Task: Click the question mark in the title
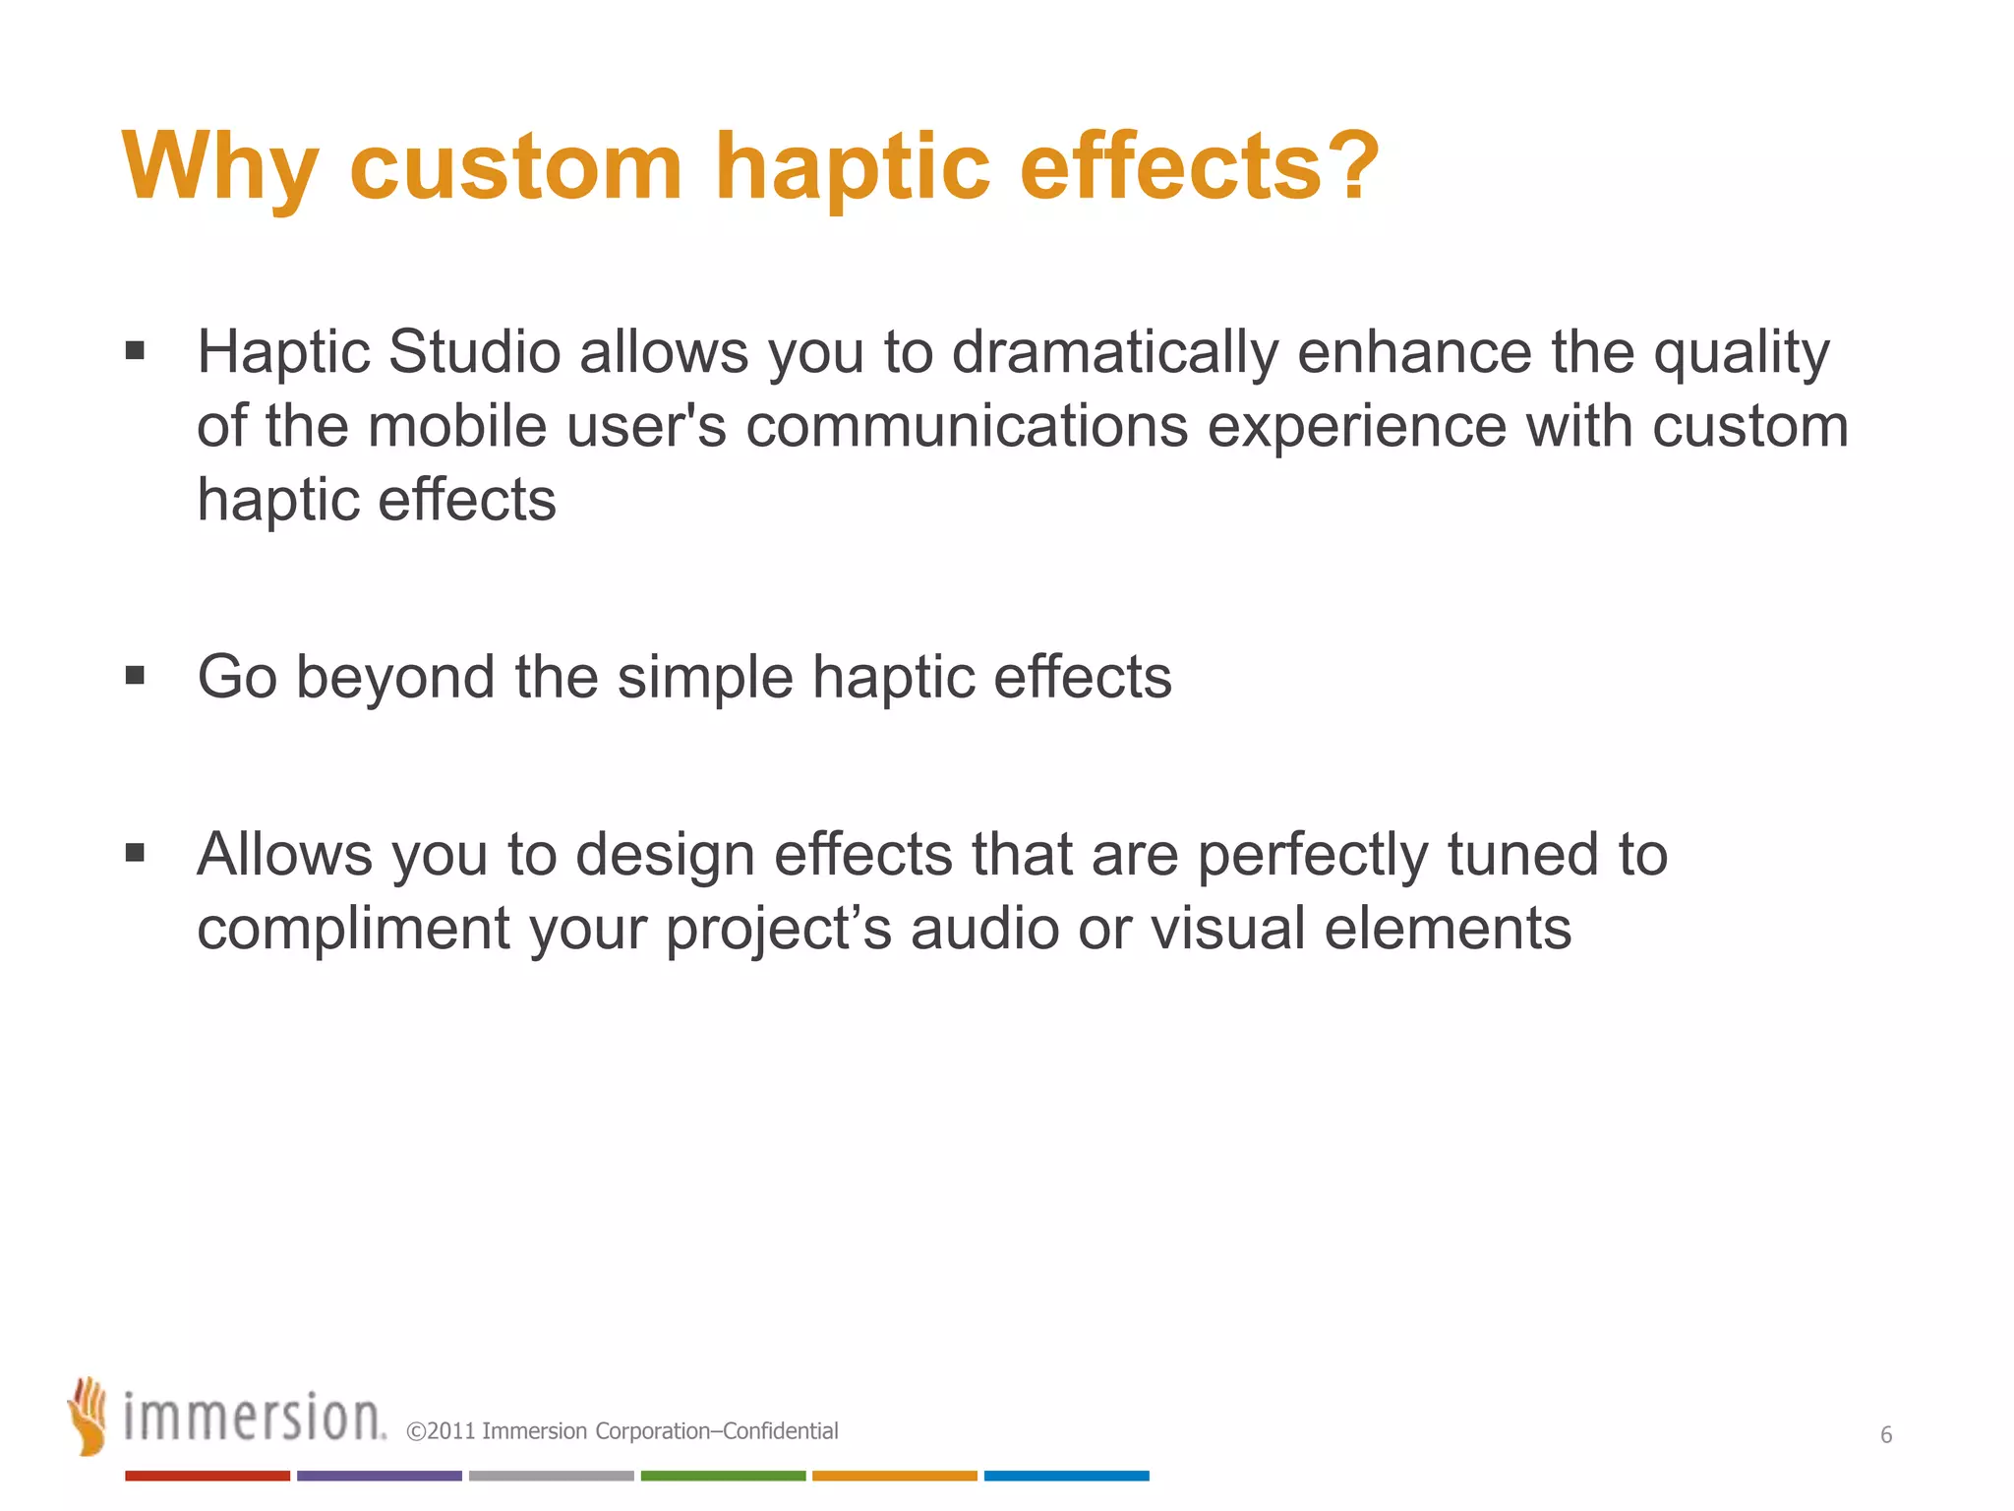pos(1351,165)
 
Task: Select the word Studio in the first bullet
pos(474,352)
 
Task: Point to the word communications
pos(967,427)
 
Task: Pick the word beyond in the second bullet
pos(395,679)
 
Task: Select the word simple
pos(704,679)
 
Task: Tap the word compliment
pos(353,930)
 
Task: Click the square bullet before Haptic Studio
pos(136,351)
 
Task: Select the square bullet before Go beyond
pos(136,676)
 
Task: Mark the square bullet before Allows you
pos(136,852)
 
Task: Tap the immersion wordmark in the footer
pos(254,1419)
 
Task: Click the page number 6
pos(1886,1435)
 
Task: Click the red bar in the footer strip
pos(207,1476)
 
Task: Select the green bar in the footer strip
pos(723,1476)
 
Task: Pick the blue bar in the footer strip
pos(1066,1476)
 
